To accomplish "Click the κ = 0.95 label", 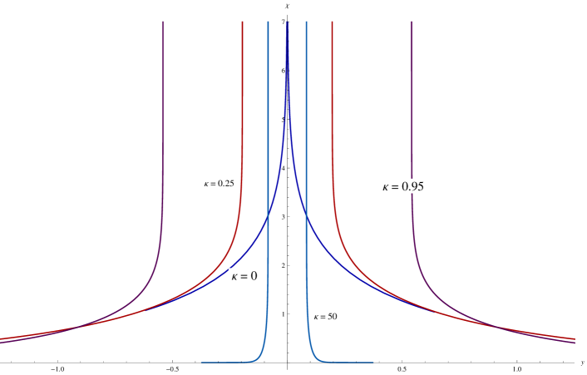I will pyautogui.click(x=403, y=186).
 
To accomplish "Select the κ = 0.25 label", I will pyautogui.click(x=220, y=183).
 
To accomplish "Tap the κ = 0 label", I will pyautogui.click(x=244, y=276).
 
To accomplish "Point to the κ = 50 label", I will pyautogui.click(x=325, y=317).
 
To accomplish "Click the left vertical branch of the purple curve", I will pyautogui.click(x=163, y=125).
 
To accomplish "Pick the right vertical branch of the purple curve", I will pyautogui.click(x=412, y=125).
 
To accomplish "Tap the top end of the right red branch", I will pyautogui.click(x=333, y=22).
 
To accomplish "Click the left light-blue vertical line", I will pyautogui.click(x=268, y=125).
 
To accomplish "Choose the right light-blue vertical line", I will pyautogui.click(x=306, y=125).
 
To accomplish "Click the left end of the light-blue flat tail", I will pyautogui.click(x=202, y=363).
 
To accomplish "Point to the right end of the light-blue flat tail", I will pyautogui.click(x=372, y=363).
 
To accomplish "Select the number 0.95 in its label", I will pyautogui.click(x=413, y=186).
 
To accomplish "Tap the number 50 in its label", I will pyautogui.click(x=332, y=317).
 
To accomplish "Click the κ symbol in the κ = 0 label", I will pyautogui.click(x=234, y=276).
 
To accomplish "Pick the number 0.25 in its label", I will pyautogui.click(x=225, y=183).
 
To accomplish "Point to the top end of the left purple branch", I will pyautogui.click(x=163, y=22).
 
